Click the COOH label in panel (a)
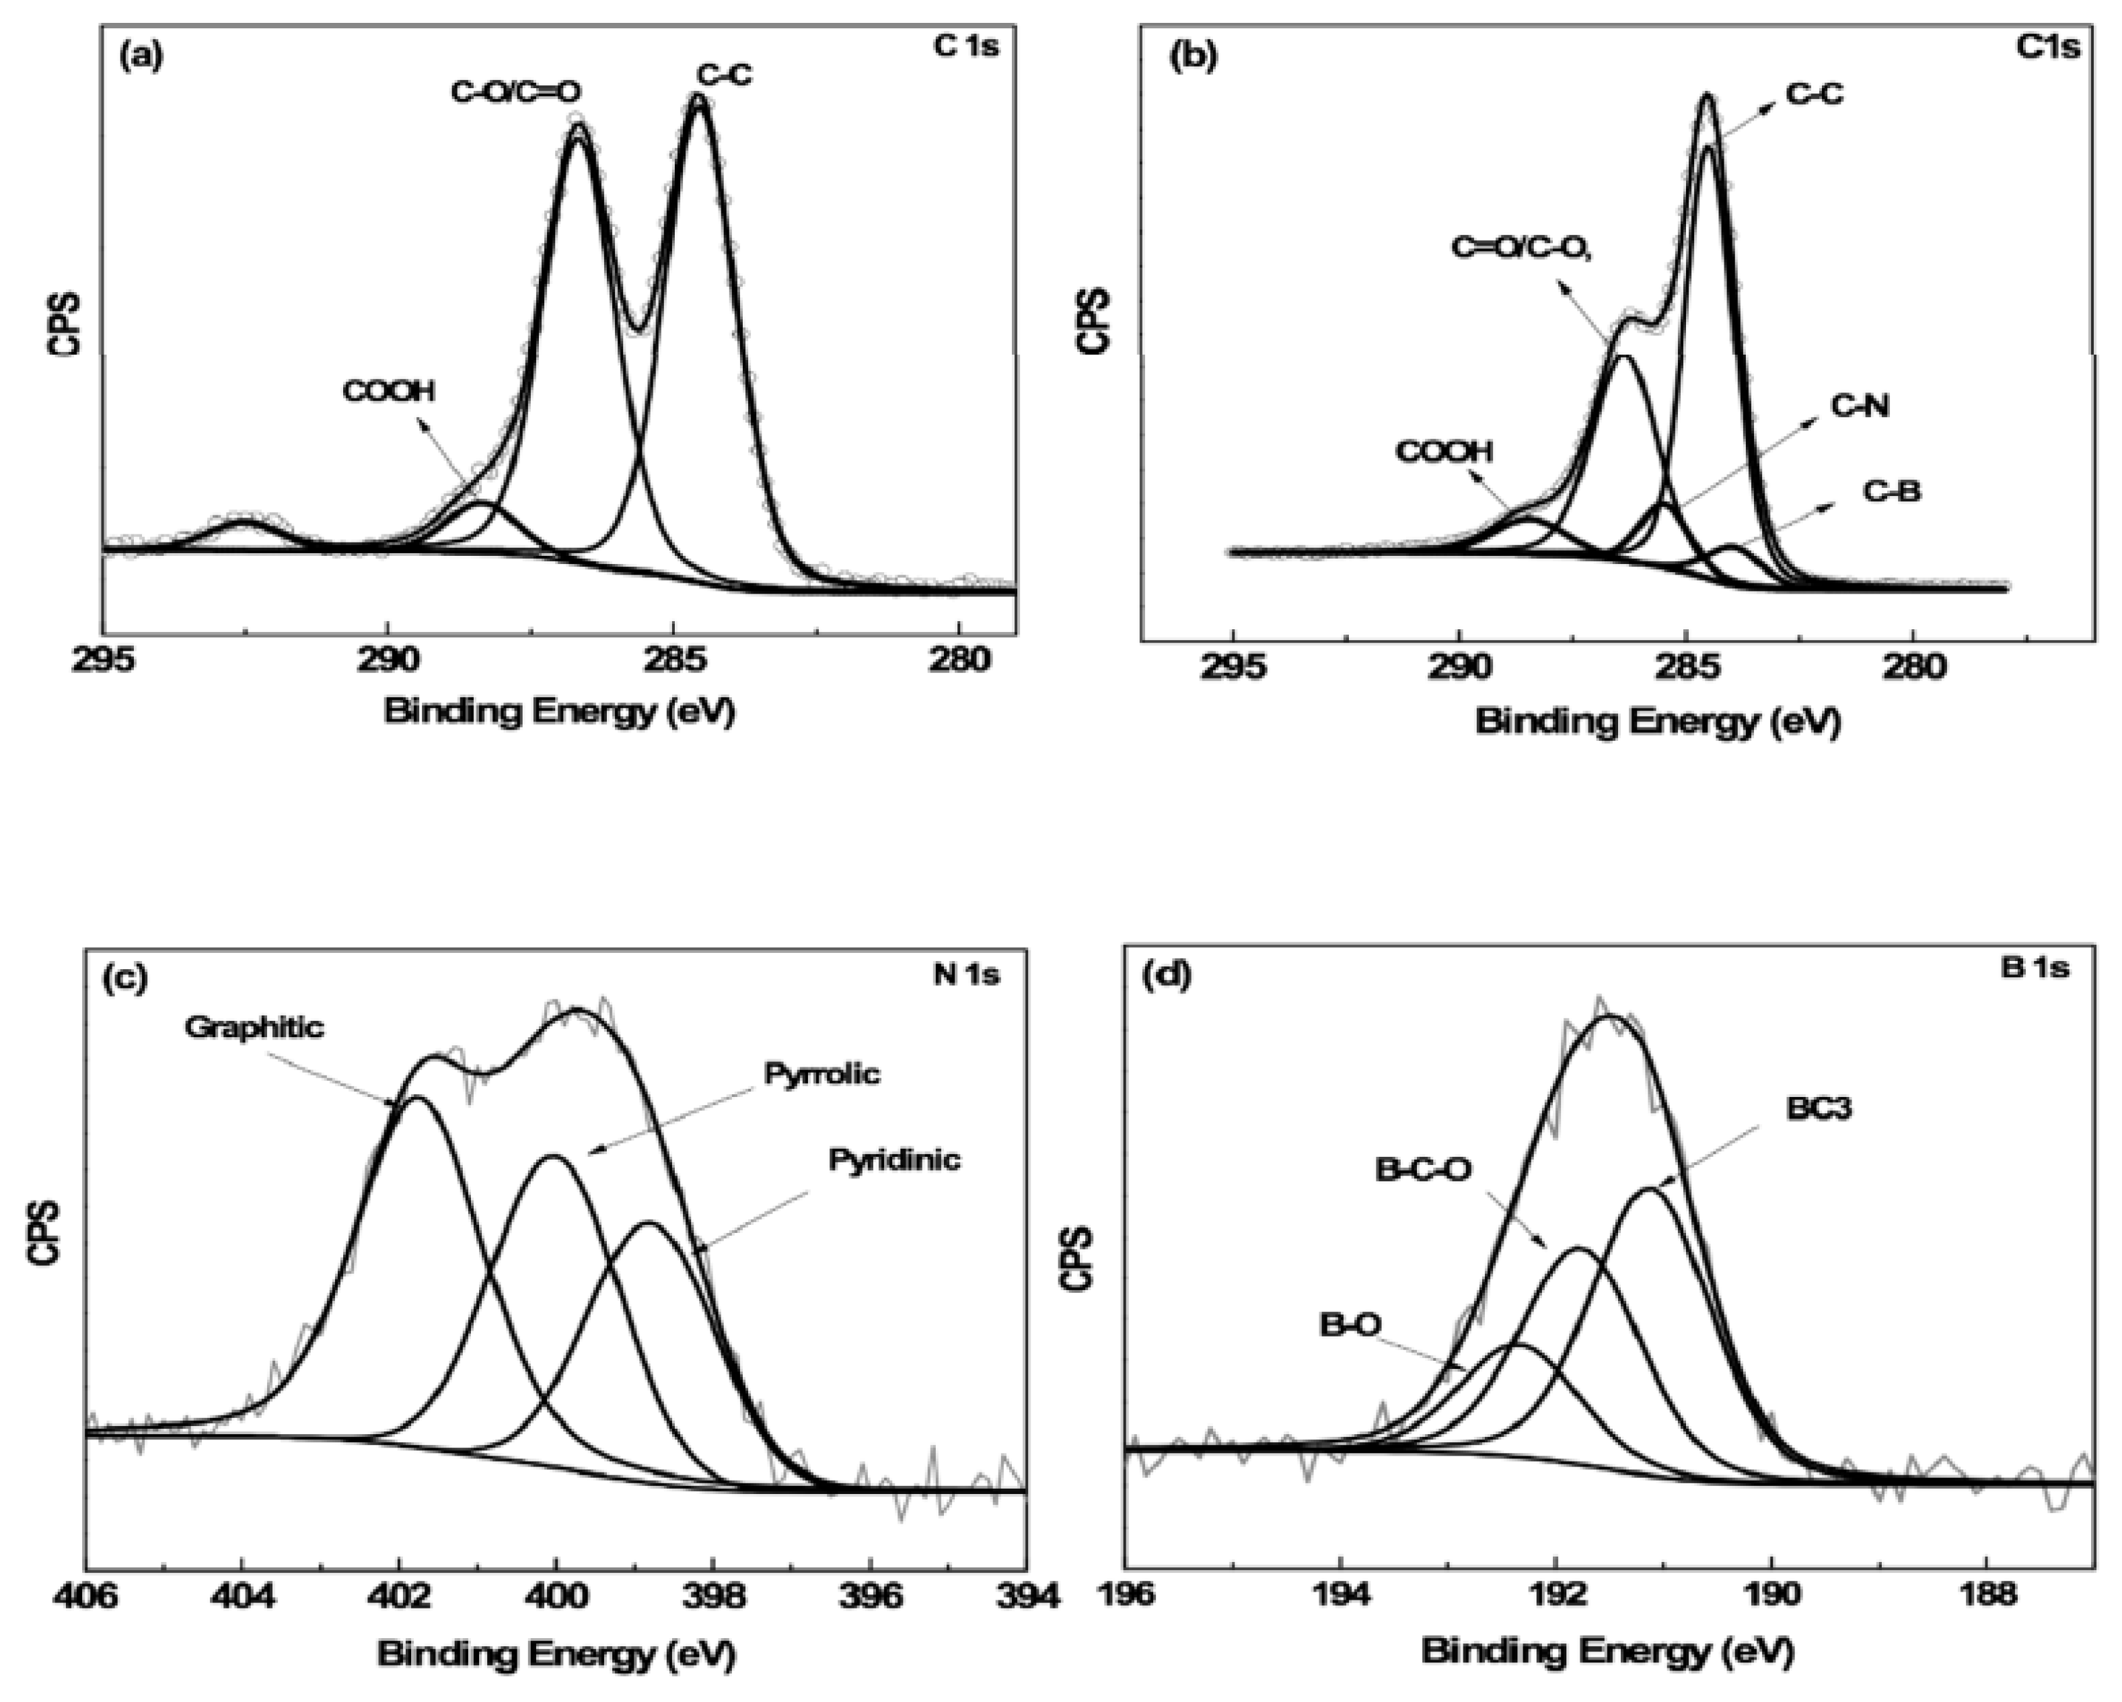[389, 392]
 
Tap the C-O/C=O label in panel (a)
[516, 92]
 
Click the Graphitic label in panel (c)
[253, 1028]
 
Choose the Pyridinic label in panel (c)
[893, 1160]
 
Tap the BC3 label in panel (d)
[1819, 1108]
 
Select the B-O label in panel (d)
[1350, 1326]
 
